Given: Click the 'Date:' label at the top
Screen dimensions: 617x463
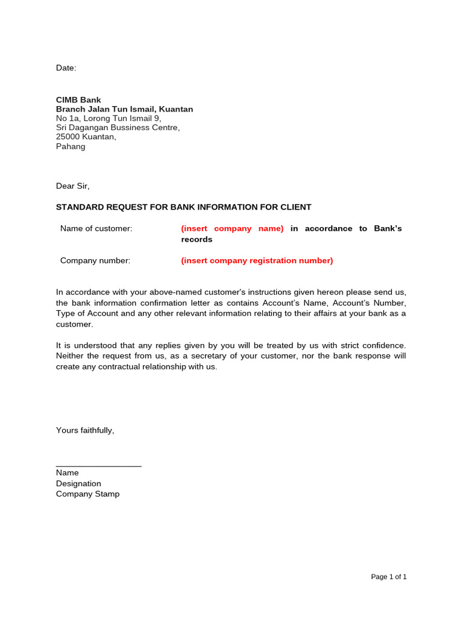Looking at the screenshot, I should click(x=66, y=68).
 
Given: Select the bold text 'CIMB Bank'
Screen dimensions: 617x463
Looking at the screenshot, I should click(x=78, y=100).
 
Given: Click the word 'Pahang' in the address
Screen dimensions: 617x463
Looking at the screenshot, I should click(x=71, y=146).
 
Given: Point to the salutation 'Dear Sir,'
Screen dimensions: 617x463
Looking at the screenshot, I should click(x=72, y=186).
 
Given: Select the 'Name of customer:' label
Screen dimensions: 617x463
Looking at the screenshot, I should click(x=96, y=228).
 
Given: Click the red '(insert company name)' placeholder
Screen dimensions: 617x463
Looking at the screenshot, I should click(x=232, y=228).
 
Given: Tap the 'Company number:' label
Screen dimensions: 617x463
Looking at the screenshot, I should click(x=95, y=260).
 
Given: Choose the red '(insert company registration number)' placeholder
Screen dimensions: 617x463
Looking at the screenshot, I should click(x=257, y=260).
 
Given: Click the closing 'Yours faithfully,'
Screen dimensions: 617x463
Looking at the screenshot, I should click(x=85, y=430).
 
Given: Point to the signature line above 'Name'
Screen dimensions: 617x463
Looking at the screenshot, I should click(x=98, y=466).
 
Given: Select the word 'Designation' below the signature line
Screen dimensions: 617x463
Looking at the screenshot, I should click(x=78, y=483).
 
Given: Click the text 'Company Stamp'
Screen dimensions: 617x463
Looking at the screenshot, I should click(x=87, y=493).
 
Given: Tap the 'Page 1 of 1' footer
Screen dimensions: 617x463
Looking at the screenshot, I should click(x=388, y=577).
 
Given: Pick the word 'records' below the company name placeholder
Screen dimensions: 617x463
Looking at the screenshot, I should click(x=197, y=239).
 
